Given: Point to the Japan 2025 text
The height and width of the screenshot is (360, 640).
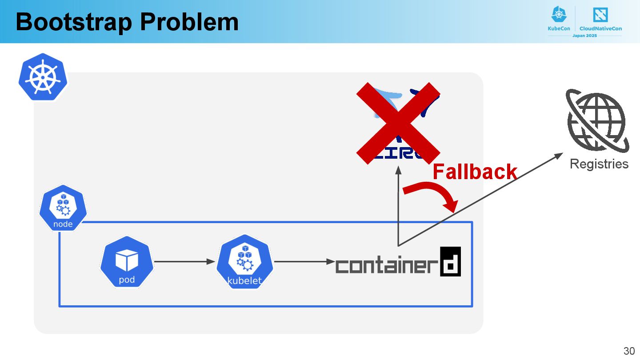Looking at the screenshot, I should [584, 36].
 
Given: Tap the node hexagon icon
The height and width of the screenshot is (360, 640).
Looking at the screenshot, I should [63, 208].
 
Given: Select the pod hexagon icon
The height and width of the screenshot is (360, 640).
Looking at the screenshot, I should [127, 262].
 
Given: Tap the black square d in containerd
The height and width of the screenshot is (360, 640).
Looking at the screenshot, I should [450, 261].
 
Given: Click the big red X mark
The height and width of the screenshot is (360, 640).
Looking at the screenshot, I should [398, 123].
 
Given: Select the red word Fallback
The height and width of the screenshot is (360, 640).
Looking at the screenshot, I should [475, 172].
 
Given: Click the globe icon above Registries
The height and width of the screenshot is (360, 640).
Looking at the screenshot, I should [597, 120].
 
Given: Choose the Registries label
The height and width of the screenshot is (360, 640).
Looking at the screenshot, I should [599, 164].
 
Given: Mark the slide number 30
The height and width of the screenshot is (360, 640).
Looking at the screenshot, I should [629, 350].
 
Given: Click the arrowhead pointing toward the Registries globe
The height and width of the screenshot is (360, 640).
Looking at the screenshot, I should [559, 156].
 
